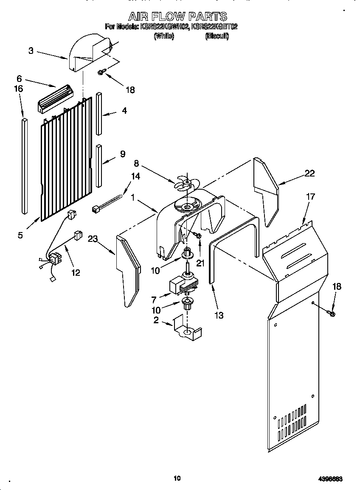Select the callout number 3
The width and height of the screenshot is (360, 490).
[31, 51]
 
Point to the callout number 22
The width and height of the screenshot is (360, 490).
[310, 173]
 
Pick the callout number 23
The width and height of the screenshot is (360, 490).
[93, 239]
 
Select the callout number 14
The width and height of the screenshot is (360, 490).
[135, 177]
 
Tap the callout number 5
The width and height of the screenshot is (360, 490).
[20, 235]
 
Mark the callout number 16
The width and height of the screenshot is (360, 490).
[18, 89]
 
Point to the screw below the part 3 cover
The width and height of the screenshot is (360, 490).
[101, 72]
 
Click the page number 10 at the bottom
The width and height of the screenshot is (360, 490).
[177, 478]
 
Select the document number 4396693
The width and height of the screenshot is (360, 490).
[330, 479]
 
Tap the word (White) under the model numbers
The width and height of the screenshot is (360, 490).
[164, 36]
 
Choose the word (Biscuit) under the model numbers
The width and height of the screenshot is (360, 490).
[217, 36]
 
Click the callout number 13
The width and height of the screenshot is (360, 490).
[219, 315]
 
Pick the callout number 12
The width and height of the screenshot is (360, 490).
[75, 273]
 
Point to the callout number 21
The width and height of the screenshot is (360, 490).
[200, 263]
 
